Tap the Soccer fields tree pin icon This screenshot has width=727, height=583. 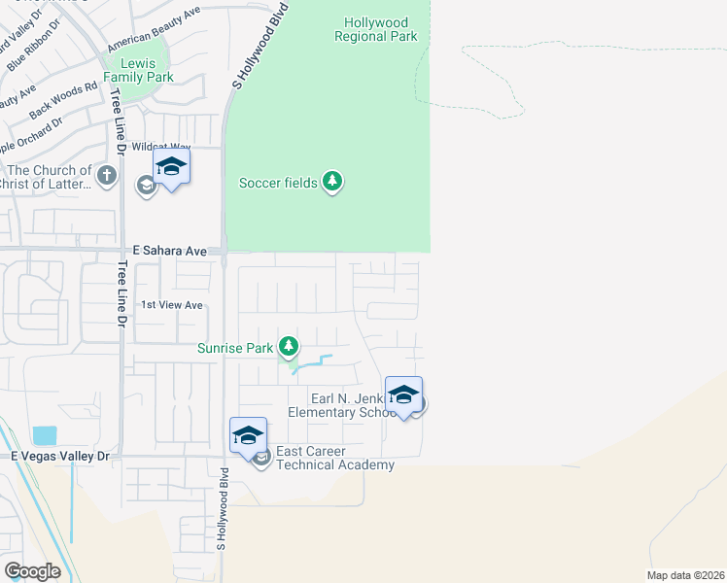(x=332, y=182)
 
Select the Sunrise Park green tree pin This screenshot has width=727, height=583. (x=288, y=346)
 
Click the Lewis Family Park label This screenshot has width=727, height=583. (x=138, y=70)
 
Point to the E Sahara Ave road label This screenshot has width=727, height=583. (x=170, y=251)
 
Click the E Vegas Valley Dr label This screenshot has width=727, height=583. (x=62, y=455)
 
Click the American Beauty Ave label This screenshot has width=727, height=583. (x=154, y=28)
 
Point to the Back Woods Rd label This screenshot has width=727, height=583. (x=64, y=100)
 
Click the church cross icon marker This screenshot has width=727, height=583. (x=107, y=176)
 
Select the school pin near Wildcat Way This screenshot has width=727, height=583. (x=171, y=168)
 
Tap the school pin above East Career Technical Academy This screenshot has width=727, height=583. (x=248, y=435)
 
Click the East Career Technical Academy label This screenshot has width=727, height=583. (x=335, y=458)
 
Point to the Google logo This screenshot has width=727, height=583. (x=32, y=571)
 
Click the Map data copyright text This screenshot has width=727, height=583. (x=685, y=575)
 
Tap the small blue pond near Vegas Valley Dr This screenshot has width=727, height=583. (x=44, y=435)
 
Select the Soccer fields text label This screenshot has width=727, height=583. (x=279, y=182)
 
